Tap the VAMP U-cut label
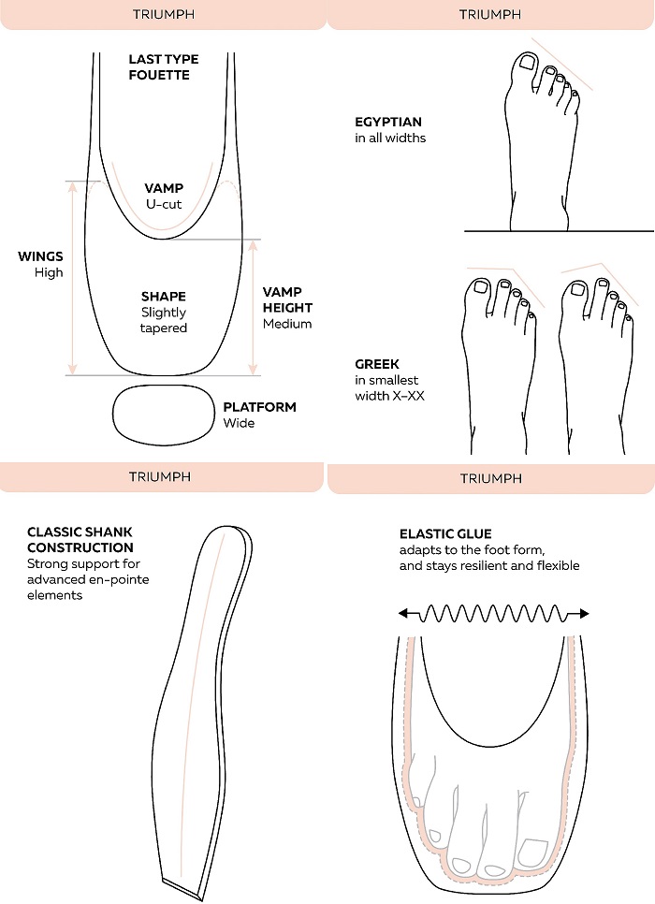pos(164,194)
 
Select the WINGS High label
pos(40,264)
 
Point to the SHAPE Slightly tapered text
pos(164,313)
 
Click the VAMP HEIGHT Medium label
pos(287,308)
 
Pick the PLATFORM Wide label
pos(259,415)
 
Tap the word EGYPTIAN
pos(387,123)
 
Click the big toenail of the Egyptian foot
pos(527,64)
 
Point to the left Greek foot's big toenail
pos(483,288)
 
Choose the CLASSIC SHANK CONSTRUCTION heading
pos(80,540)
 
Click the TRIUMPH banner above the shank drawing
pos(160,476)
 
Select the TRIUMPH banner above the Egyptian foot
pos(490,14)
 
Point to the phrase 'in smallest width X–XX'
pos(390,386)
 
